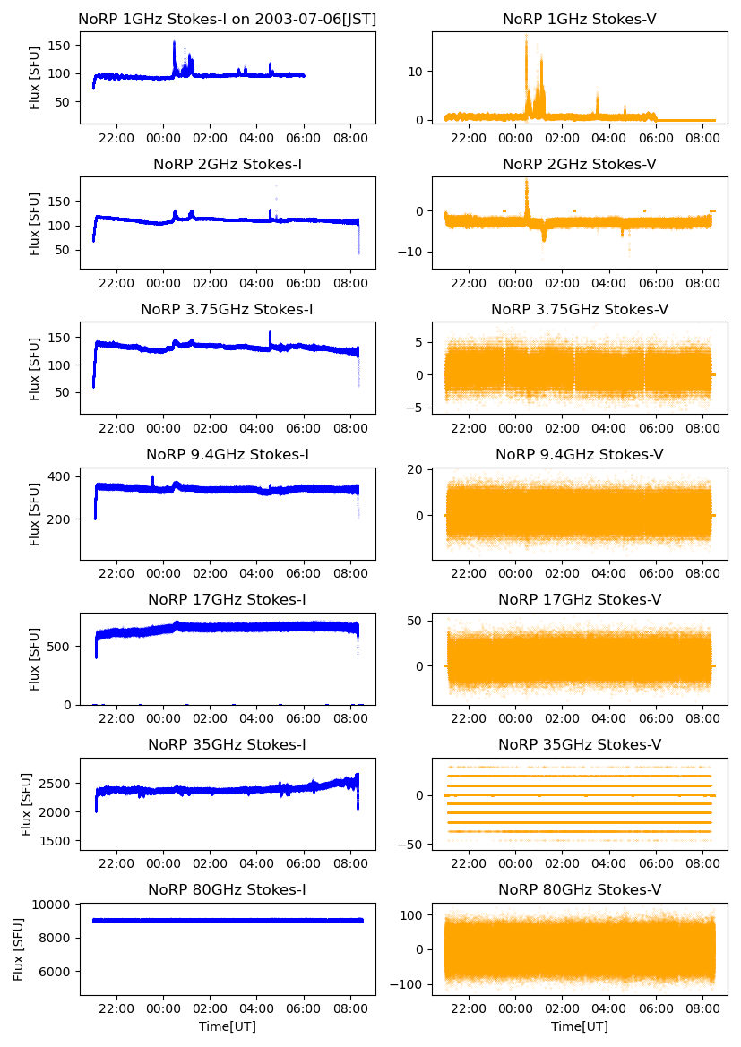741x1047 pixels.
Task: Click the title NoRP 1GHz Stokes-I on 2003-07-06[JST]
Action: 228,19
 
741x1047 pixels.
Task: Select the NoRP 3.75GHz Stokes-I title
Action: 228,310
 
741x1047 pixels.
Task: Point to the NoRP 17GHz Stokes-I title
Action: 228,600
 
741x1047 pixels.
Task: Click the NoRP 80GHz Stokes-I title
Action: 228,890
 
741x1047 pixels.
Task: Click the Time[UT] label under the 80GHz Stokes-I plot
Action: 228,1026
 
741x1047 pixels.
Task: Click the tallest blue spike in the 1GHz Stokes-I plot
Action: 174,43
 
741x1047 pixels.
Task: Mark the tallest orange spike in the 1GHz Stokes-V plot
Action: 526,38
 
